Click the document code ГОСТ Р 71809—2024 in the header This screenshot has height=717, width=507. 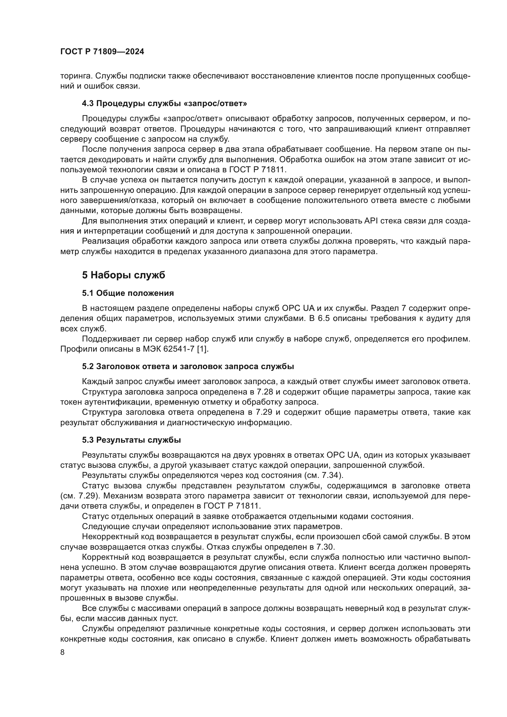click(102, 52)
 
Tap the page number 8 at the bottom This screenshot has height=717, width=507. click(63, 652)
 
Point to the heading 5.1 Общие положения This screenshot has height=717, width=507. click(128, 293)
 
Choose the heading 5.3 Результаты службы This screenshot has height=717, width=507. click(132, 440)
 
